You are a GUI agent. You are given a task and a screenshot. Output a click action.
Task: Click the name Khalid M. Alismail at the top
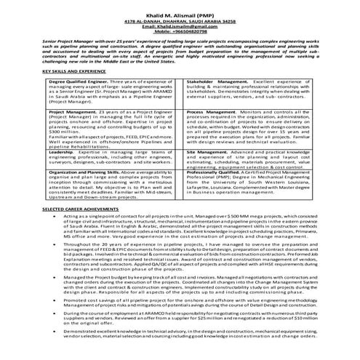[180, 15]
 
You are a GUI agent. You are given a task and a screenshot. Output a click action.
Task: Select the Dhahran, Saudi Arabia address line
[180, 23]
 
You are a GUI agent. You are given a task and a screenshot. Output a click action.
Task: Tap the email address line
[180, 28]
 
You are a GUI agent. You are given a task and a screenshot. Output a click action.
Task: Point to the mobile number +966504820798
[180, 33]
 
